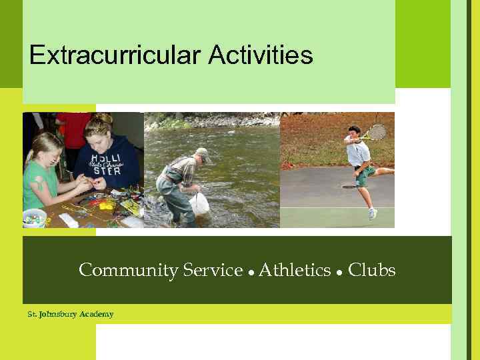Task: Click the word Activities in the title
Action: coord(261,55)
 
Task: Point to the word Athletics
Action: coord(295,271)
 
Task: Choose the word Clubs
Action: coord(372,271)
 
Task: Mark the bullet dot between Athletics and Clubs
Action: coord(339,273)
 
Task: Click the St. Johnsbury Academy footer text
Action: coord(71,314)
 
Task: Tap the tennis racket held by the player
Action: coord(377,132)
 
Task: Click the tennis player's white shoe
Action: coord(372,213)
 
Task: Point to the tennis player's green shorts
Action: coord(364,175)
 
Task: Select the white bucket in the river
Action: coord(199,203)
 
